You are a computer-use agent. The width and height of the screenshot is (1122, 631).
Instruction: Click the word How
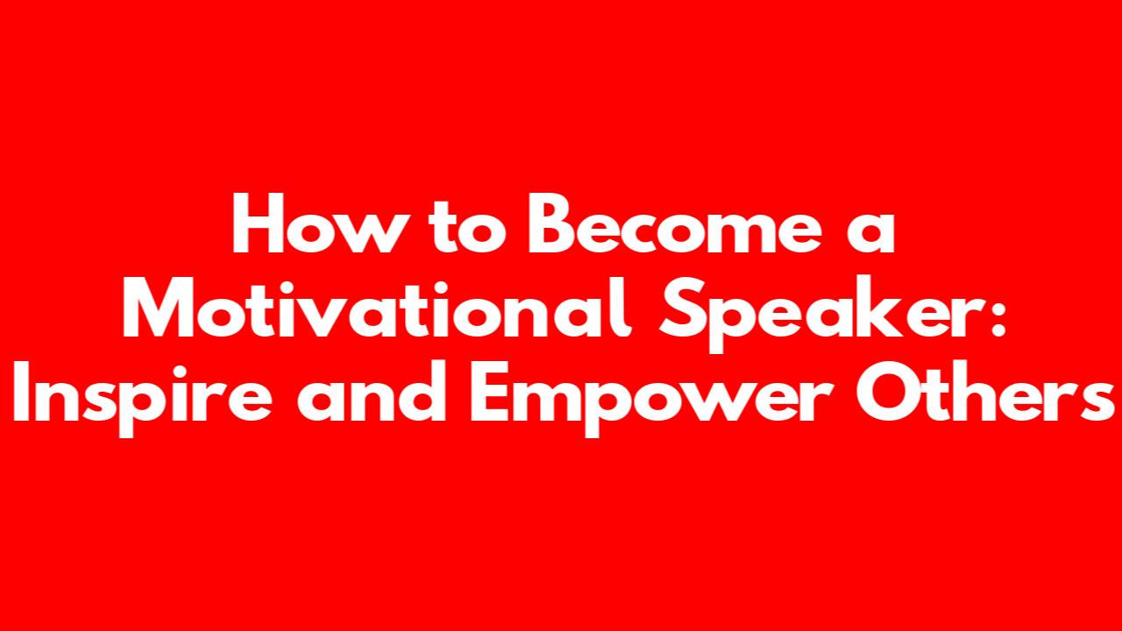point(317,223)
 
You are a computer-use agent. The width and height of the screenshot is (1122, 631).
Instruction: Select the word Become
point(674,223)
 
